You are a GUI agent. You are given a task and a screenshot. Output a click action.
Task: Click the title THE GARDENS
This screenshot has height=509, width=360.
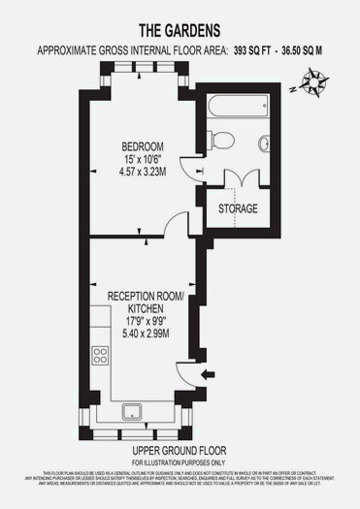point(180,30)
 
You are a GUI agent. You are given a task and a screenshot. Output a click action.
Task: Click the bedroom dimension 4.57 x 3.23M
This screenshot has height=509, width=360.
point(138,175)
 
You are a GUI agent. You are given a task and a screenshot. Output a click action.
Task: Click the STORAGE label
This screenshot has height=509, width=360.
point(238,209)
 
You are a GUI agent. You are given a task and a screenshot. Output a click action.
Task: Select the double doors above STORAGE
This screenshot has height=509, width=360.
point(239,179)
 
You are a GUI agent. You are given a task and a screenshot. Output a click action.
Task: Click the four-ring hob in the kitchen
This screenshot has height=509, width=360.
point(99,356)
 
